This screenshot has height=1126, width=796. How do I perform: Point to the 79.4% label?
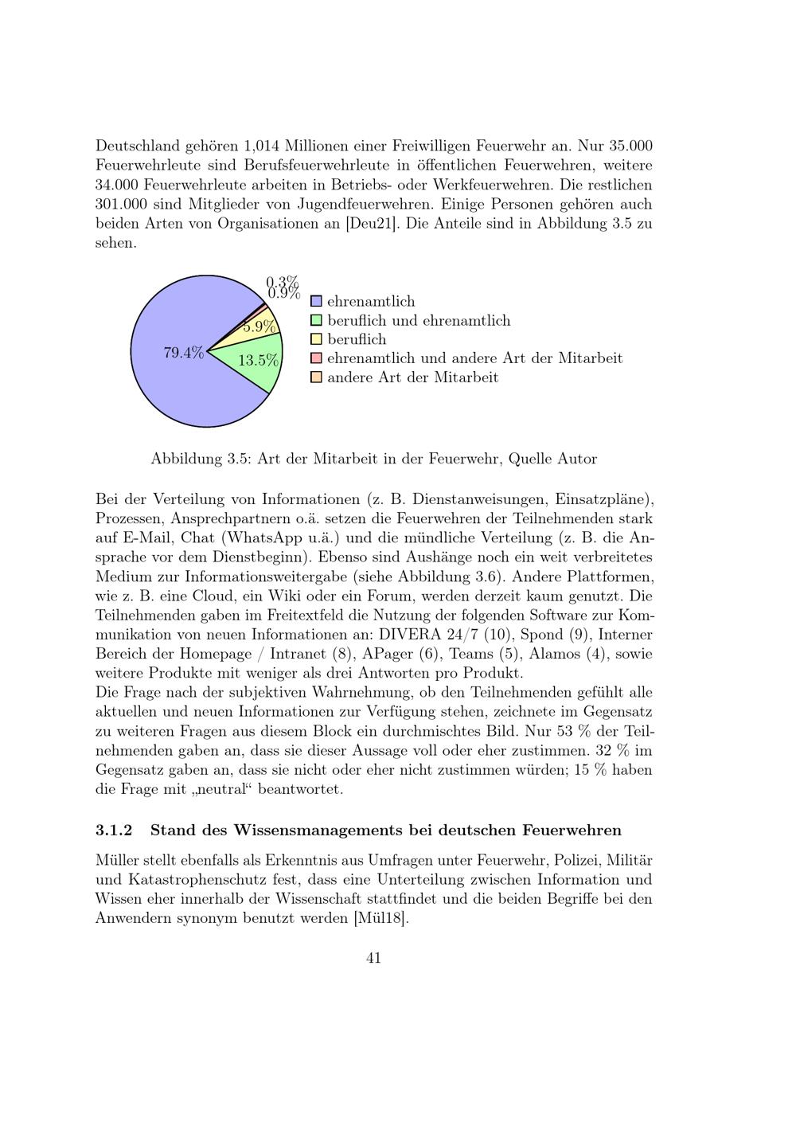pos(184,354)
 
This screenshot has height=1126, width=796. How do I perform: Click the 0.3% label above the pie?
pos(282,282)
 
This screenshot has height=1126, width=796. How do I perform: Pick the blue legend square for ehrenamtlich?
pos(316,302)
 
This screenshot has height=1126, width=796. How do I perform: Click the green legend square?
pos(316,321)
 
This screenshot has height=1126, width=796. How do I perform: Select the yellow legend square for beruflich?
pos(316,340)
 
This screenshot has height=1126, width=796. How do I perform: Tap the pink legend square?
pos(316,358)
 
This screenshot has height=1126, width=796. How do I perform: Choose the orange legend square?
pos(316,377)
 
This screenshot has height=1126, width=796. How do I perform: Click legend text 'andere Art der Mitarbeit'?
pos(412,377)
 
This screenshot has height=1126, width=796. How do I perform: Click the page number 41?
pos(373,958)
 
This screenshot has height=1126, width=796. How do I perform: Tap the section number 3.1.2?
pos(113,831)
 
